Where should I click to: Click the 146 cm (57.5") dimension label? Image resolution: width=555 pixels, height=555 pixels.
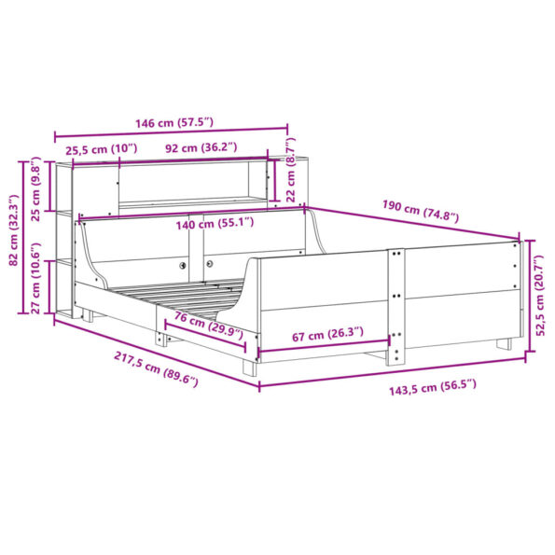[172, 122]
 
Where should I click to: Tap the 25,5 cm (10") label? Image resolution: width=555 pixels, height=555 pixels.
[100, 148]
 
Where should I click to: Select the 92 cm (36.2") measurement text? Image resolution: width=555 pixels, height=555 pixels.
[201, 147]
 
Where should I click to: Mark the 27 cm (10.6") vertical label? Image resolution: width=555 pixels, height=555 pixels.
[37, 283]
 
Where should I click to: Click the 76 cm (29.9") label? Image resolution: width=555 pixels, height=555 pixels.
[206, 326]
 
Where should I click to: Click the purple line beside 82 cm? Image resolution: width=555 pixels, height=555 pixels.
[25, 239]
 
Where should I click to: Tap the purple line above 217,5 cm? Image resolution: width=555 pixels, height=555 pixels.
[154, 352]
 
